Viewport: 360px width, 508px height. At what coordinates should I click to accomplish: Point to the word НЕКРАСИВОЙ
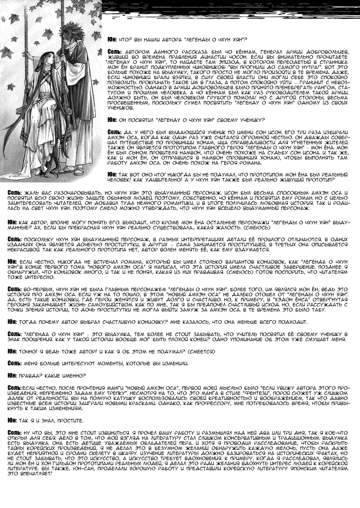pos(23,251)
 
